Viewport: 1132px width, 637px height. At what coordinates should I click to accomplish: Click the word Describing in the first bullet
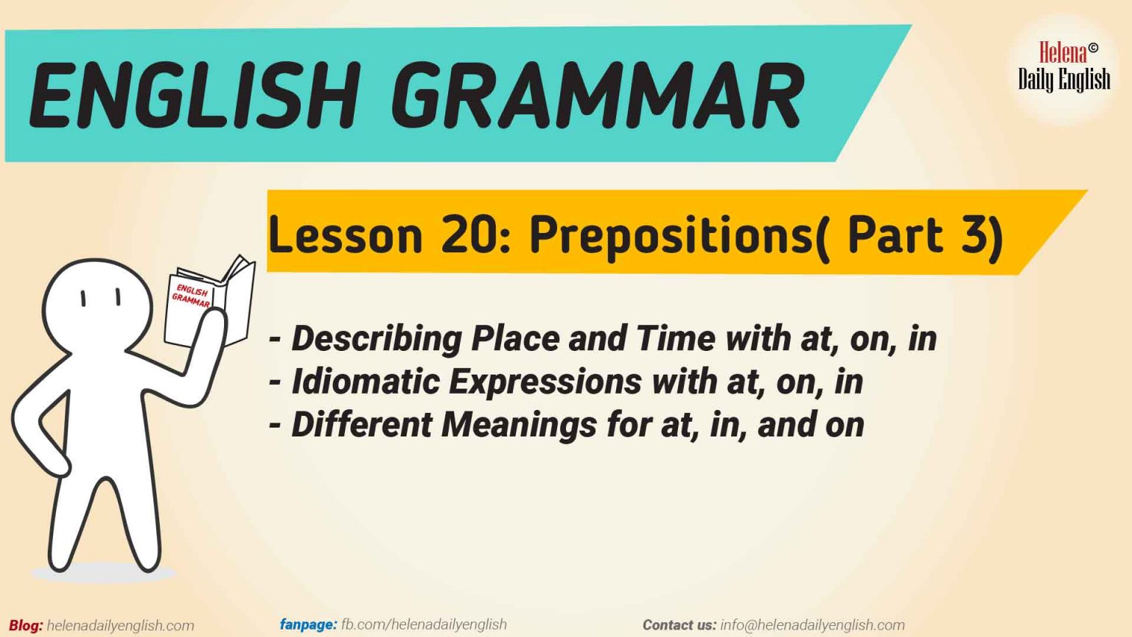coord(376,338)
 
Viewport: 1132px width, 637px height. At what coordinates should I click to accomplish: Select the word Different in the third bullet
coord(361,425)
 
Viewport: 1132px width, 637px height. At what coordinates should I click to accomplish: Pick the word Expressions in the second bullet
coord(545,382)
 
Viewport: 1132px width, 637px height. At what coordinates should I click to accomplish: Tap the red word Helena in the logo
coord(1062,53)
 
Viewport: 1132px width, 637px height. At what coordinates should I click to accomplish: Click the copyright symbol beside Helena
coord(1093,48)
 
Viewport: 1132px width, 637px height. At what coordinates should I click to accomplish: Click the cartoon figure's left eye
coord(83,298)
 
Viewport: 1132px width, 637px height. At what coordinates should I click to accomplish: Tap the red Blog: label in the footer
coord(26,626)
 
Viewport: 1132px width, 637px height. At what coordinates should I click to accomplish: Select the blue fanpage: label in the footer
coord(308,624)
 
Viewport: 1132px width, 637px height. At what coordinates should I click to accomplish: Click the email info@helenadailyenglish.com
coord(812,625)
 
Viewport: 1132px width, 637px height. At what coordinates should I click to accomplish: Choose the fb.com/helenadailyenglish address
coord(424,624)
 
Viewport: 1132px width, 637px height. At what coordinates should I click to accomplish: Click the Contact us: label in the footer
coord(679,625)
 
